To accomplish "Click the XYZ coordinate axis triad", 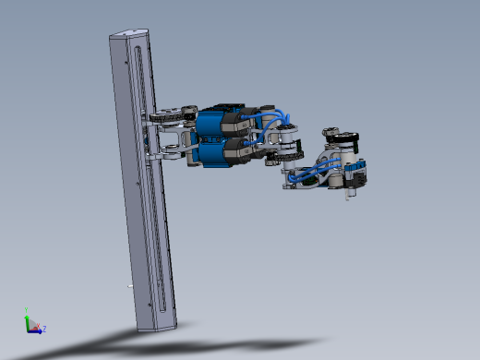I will (x=33, y=324).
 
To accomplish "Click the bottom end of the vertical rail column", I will (x=155, y=323).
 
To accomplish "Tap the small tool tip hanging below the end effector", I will (x=349, y=197).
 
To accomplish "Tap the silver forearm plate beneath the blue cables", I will (x=305, y=182).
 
